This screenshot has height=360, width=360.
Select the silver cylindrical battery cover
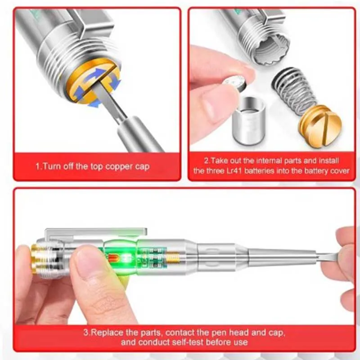pyautogui.click(x=249, y=121)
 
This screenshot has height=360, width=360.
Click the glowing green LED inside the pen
pyautogui.click(x=126, y=256)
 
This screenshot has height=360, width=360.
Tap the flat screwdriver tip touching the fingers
pyautogui.click(x=327, y=257)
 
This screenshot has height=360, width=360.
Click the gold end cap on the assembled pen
pyautogui.click(x=35, y=259)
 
